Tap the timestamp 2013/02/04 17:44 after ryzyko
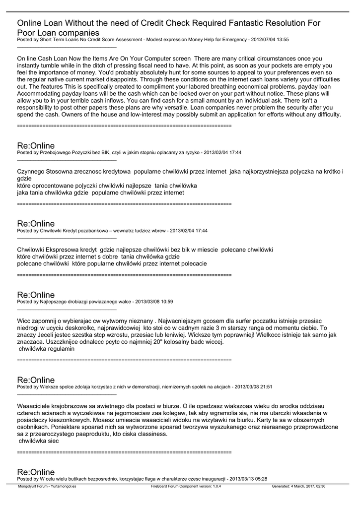click(x=223, y=153)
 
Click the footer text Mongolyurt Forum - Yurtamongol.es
click(x=47, y=487)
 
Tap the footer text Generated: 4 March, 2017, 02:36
click(x=298, y=487)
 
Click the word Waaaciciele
click(x=37, y=406)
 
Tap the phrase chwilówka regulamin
click(x=46, y=349)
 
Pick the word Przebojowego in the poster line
click(x=54, y=153)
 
